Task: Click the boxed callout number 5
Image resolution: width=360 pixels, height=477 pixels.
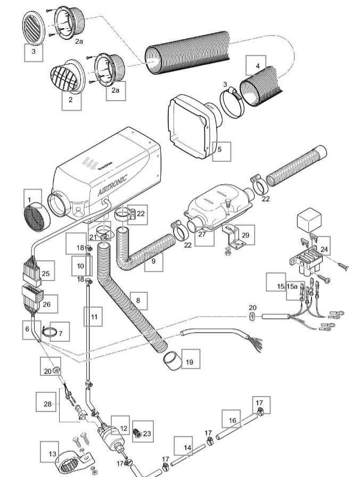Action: [x=221, y=152]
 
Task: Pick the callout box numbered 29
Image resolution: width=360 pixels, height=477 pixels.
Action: [x=245, y=234]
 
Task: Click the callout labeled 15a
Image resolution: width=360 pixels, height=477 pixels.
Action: [x=292, y=286]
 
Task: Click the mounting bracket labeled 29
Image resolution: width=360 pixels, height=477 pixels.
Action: [x=233, y=240]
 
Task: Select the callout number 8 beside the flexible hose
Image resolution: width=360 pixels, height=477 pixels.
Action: [x=138, y=301]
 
